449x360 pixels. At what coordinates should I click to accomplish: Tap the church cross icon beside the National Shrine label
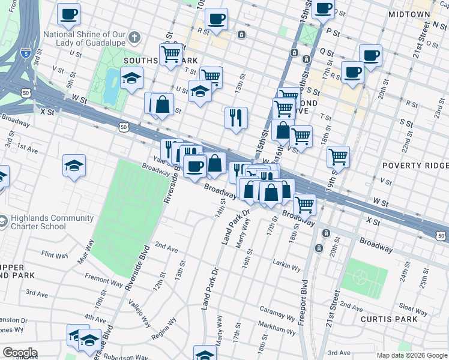coord(135,37)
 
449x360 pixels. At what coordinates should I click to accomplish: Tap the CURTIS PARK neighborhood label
coord(389,319)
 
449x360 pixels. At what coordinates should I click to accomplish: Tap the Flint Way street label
coord(55,254)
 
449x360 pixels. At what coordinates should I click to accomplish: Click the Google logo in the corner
coord(19,353)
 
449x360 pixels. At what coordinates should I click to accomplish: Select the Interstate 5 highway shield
coord(25,53)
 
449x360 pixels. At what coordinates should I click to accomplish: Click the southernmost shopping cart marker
coord(305,204)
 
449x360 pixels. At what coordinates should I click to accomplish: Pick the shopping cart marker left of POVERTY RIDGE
coord(338,157)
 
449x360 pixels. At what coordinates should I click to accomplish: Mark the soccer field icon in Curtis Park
coord(360,278)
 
